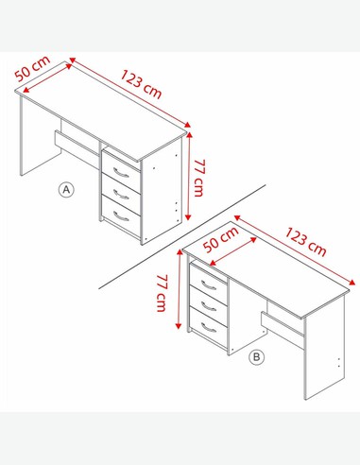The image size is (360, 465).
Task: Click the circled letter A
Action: (66, 189)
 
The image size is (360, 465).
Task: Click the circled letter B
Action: (257, 357)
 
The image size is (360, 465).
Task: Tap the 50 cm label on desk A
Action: (32, 68)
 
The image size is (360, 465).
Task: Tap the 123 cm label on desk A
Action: (142, 84)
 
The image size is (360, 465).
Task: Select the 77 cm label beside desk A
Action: (198, 178)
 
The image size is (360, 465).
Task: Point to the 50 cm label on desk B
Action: (221, 239)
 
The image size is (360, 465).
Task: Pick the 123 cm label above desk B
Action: (306, 242)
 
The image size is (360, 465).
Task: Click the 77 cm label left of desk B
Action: (162, 293)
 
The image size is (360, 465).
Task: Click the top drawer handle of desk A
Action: (121, 173)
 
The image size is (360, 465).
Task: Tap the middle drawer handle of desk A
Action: (121, 195)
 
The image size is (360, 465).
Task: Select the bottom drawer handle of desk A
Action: (121, 216)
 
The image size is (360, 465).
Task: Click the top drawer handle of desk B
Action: (209, 285)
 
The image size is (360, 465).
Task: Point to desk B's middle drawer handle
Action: (209, 306)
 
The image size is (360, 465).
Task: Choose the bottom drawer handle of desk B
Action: (209, 328)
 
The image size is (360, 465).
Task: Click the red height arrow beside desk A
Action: (189, 176)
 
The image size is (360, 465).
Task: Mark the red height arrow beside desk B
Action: (179, 289)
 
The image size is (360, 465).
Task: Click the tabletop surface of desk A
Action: (101, 111)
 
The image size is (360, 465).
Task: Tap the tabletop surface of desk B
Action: (266, 268)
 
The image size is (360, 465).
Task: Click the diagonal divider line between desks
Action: (182, 236)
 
